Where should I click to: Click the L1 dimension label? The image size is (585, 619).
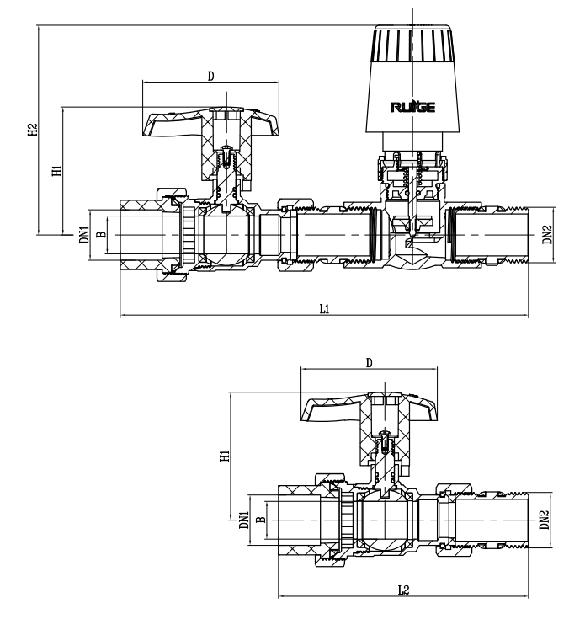click(324, 308)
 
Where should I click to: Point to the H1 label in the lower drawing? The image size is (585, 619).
click(224, 456)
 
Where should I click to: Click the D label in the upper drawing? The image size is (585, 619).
click(210, 76)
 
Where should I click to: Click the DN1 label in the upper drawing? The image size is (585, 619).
click(82, 233)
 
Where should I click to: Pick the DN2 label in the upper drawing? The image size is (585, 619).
click(547, 233)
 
